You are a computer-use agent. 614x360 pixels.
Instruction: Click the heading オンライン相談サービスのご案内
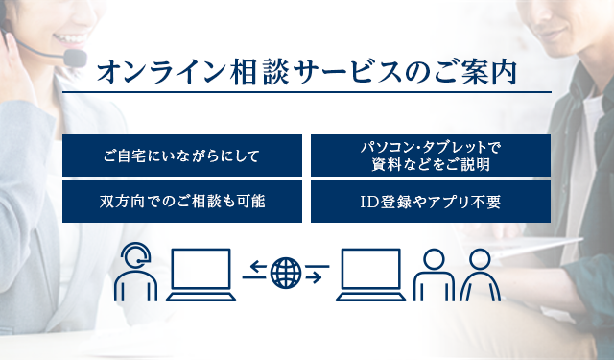307,71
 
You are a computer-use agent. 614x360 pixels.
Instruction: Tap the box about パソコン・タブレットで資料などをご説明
431,156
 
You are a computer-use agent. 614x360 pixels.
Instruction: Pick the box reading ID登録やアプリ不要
431,202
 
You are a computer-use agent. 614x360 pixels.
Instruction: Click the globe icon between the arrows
286,274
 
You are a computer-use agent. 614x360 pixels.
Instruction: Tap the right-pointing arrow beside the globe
317,279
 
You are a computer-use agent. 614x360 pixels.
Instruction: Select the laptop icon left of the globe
201,276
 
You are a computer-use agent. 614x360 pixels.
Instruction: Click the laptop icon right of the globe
369,276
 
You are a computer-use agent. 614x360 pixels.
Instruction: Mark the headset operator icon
135,274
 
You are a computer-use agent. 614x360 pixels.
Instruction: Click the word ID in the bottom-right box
369,203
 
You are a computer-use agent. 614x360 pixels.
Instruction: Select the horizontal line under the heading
307,93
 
